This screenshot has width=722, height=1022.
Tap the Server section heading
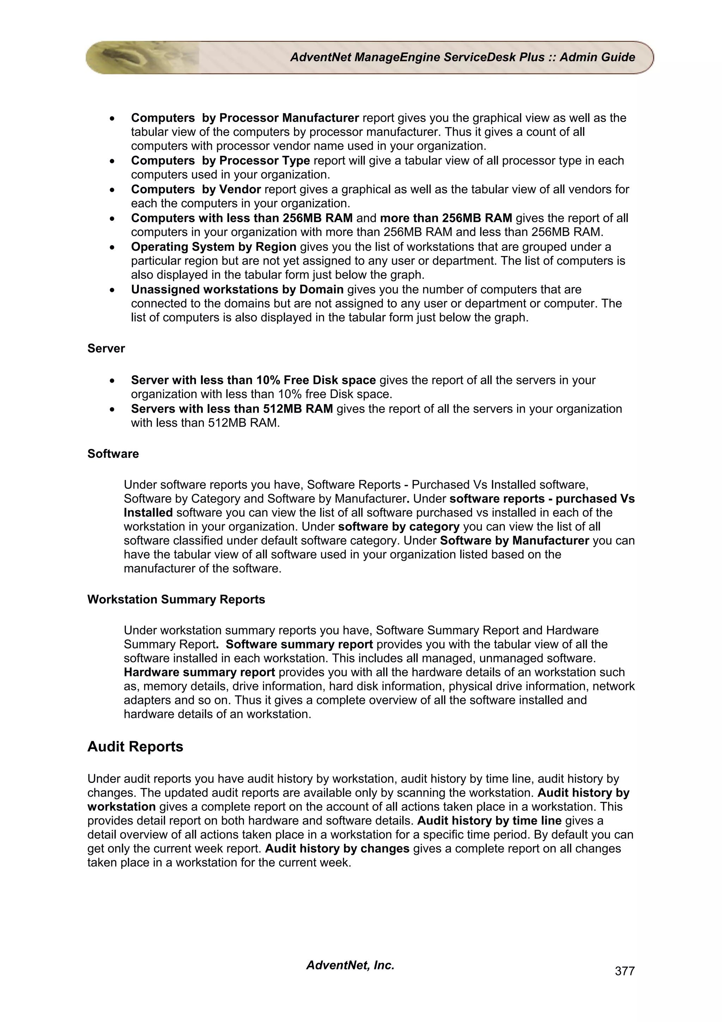106,348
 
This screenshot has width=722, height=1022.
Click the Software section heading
113,454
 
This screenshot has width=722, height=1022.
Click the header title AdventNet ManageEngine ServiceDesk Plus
462,57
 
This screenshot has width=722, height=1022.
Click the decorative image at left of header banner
142,57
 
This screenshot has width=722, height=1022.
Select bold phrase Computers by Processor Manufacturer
245,118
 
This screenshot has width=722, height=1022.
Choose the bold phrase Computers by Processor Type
220,161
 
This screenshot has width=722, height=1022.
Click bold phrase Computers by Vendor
196,190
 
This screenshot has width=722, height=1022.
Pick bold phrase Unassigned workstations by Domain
237,290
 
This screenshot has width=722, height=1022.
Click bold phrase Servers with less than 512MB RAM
232,409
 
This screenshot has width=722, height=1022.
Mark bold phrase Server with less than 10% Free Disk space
253,380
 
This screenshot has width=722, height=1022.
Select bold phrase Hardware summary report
199,672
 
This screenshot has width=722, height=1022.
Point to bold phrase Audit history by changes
337,848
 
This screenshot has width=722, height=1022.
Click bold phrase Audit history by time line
489,820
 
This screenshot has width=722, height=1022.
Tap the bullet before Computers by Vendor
114,190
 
